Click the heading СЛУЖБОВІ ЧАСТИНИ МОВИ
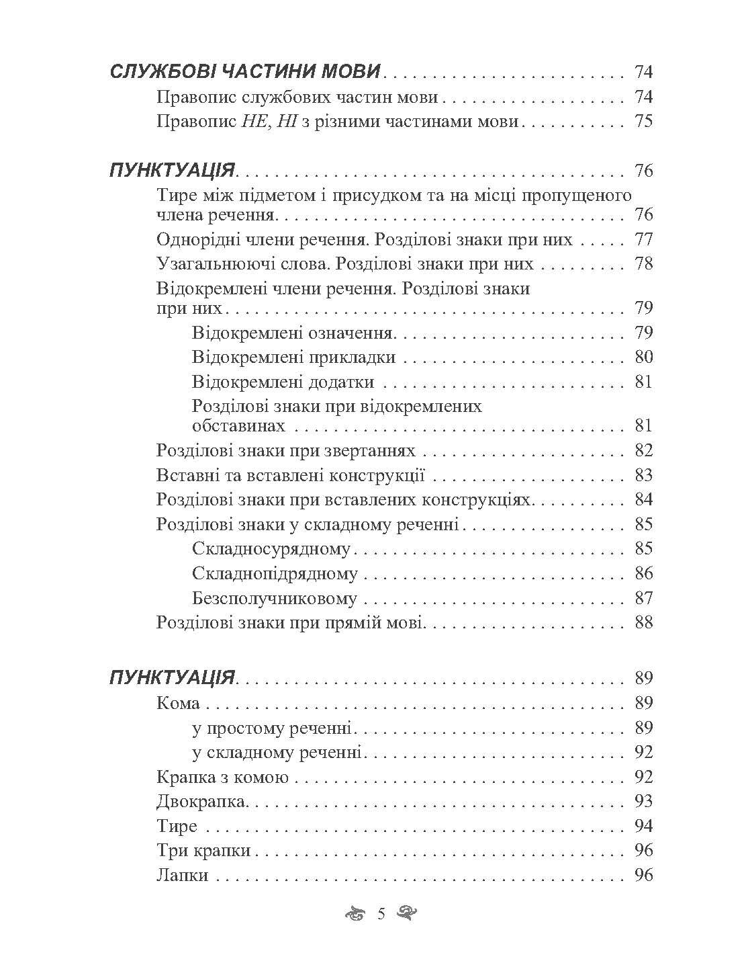(x=246, y=72)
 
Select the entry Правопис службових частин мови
(x=297, y=97)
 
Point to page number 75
(x=643, y=122)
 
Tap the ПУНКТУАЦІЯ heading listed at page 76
(x=172, y=171)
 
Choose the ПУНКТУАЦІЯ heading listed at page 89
(x=172, y=677)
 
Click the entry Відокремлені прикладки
(x=293, y=357)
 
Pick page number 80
(x=643, y=357)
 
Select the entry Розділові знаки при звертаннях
(x=285, y=450)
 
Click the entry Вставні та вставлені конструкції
(x=291, y=476)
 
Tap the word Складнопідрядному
(x=275, y=574)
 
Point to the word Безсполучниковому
(x=274, y=598)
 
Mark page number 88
(x=643, y=622)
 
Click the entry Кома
(x=178, y=703)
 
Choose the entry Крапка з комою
(x=222, y=778)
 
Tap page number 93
(x=643, y=802)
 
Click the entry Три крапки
(x=203, y=851)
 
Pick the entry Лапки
(x=182, y=876)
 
